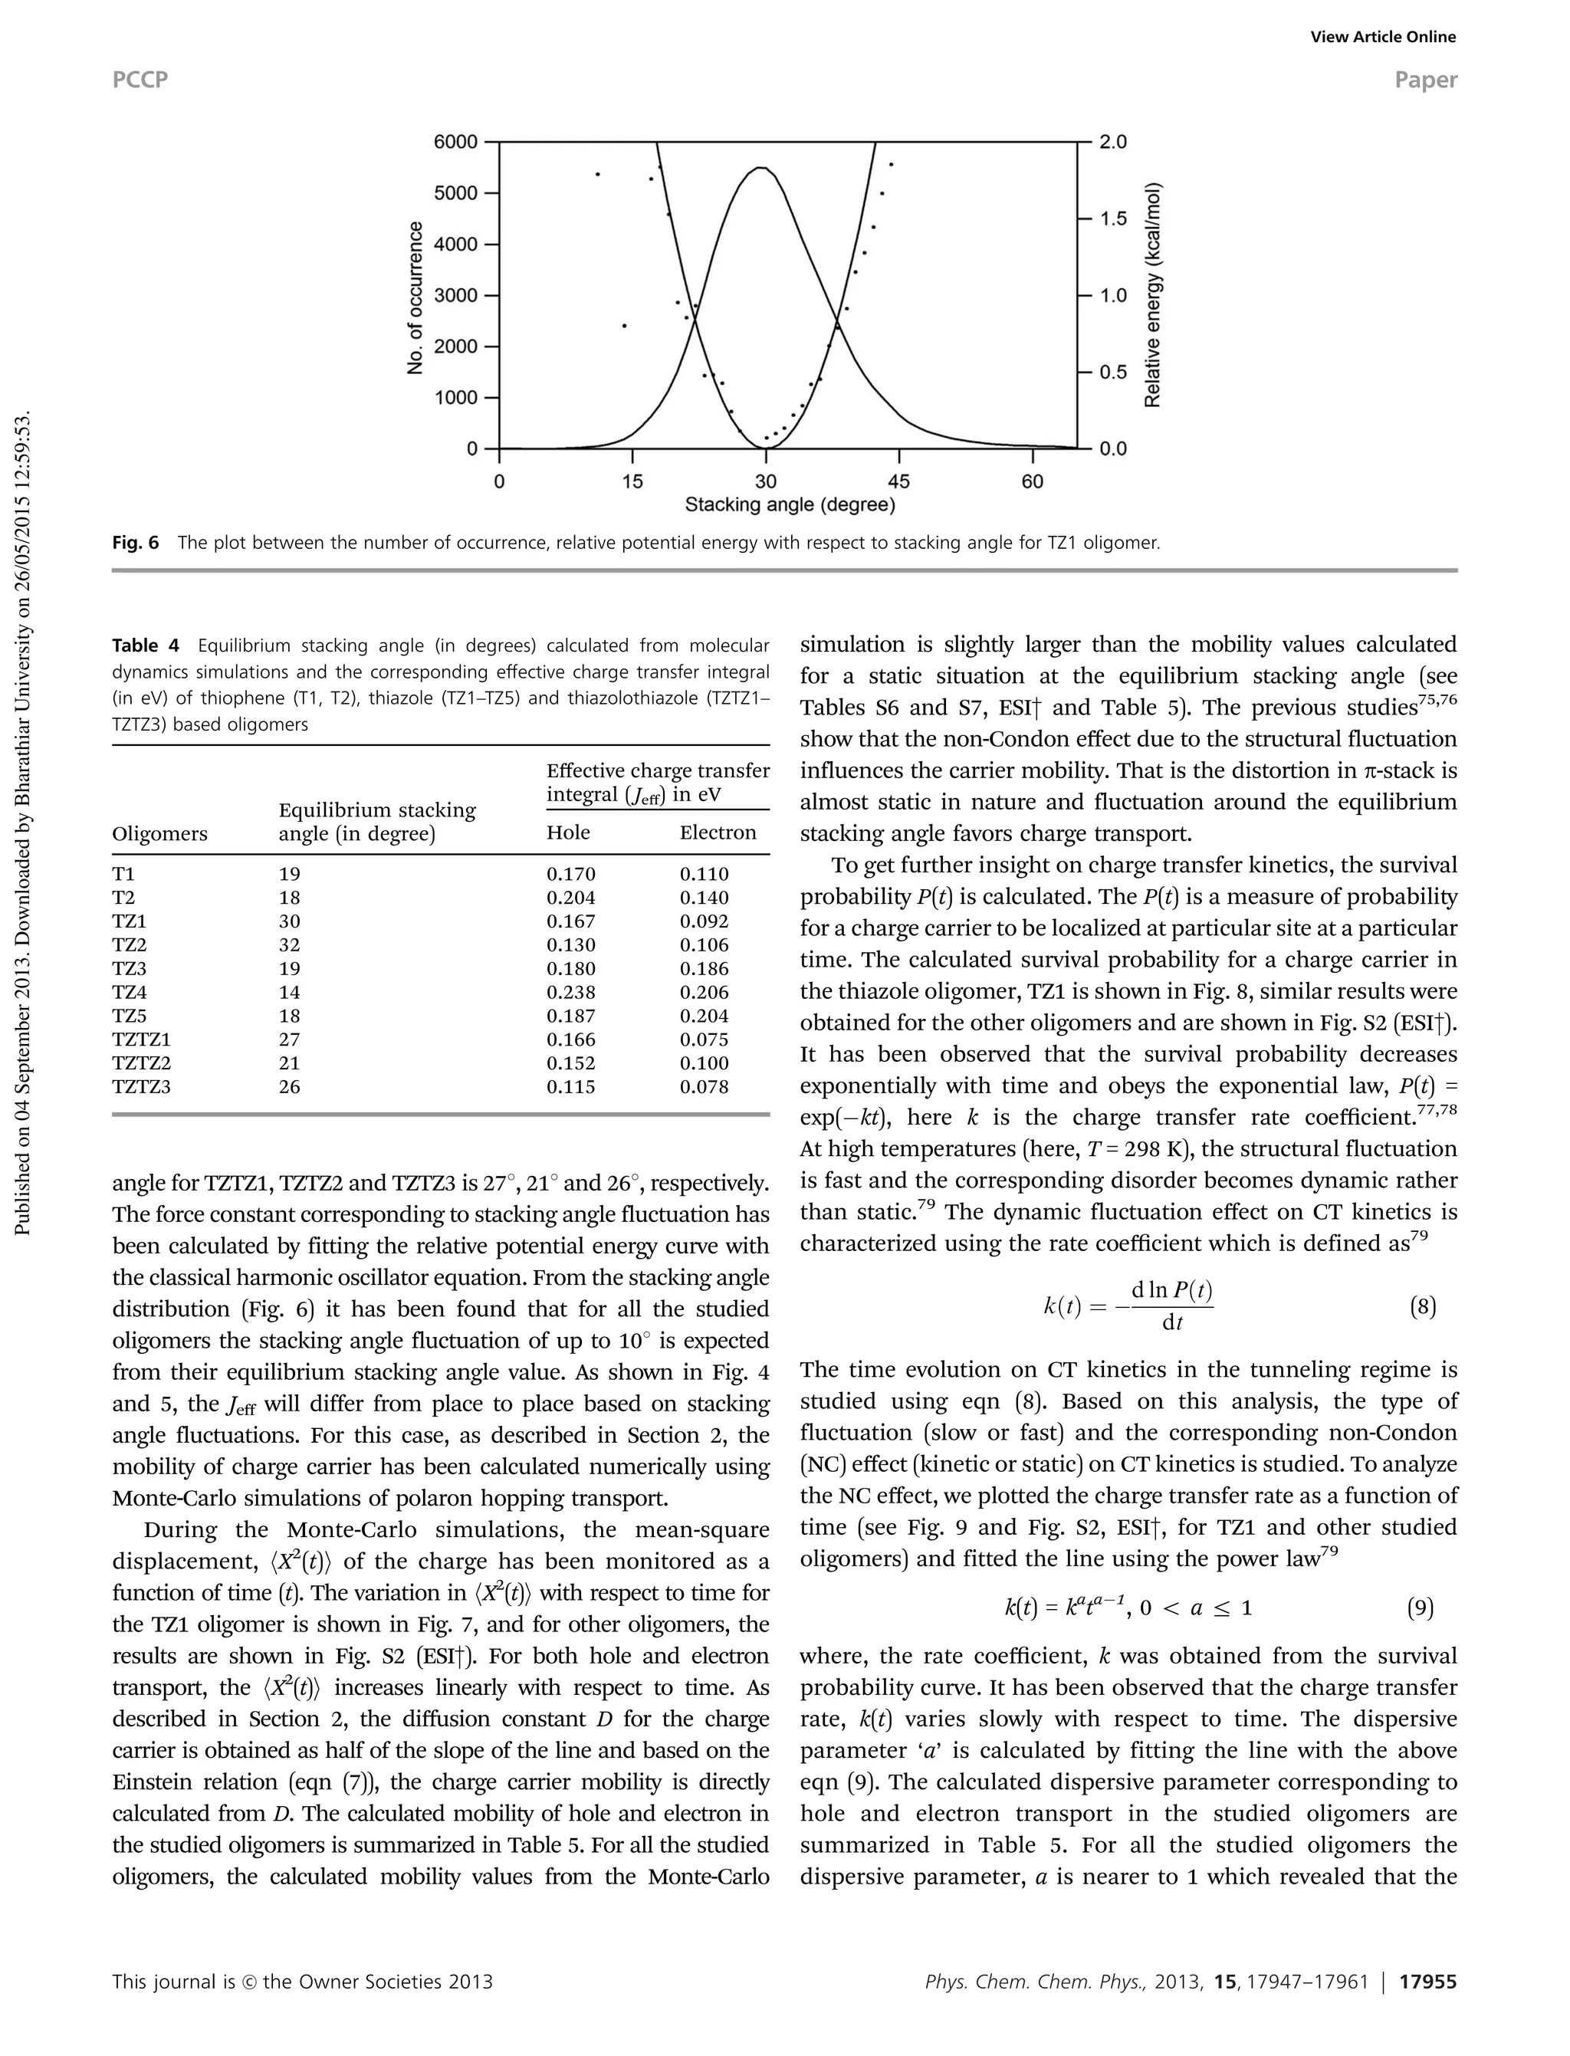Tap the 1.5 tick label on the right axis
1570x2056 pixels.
coord(1113,218)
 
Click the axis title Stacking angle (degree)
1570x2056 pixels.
coord(790,506)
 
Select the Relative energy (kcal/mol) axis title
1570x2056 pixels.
coord(1153,295)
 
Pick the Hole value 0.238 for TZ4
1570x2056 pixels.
coord(570,993)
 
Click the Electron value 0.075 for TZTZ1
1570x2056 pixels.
coord(704,1039)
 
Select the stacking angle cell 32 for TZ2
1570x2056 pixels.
coord(290,945)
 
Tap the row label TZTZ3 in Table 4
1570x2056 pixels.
coord(141,1087)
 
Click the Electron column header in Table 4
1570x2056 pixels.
coord(718,833)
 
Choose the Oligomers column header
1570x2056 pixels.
coord(159,833)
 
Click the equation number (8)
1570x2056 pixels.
coord(1421,1306)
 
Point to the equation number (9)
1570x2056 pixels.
coord(1420,1608)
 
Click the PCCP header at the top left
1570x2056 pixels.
coord(140,80)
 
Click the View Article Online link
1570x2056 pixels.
coord(1382,38)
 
